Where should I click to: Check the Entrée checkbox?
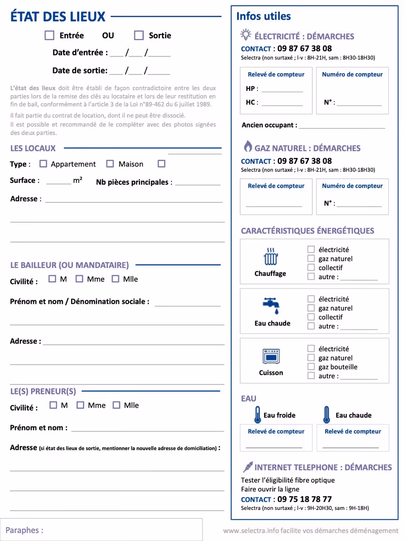[x=49, y=35]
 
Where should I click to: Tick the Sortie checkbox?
[x=139, y=35]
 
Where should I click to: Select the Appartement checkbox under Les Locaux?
[x=43, y=164]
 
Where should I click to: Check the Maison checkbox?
[x=110, y=164]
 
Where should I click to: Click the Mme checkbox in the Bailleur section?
[x=80, y=279]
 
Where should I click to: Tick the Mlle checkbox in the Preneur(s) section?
[x=117, y=405]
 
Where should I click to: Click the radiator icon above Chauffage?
[x=271, y=257]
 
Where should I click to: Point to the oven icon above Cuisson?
[x=271, y=356]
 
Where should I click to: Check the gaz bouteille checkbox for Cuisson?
[x=311, y=367]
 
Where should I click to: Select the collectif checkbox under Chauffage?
[x=311, y=267]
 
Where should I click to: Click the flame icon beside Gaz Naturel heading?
[x=247, y=147]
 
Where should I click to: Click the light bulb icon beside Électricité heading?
[x=246, y=35]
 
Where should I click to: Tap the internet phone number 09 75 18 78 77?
[x=304, y=499]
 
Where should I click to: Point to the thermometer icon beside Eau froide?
[x=258, y=415]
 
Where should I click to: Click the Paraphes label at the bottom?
[x=24, y=530]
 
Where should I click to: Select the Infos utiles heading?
[x=264, y=16]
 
